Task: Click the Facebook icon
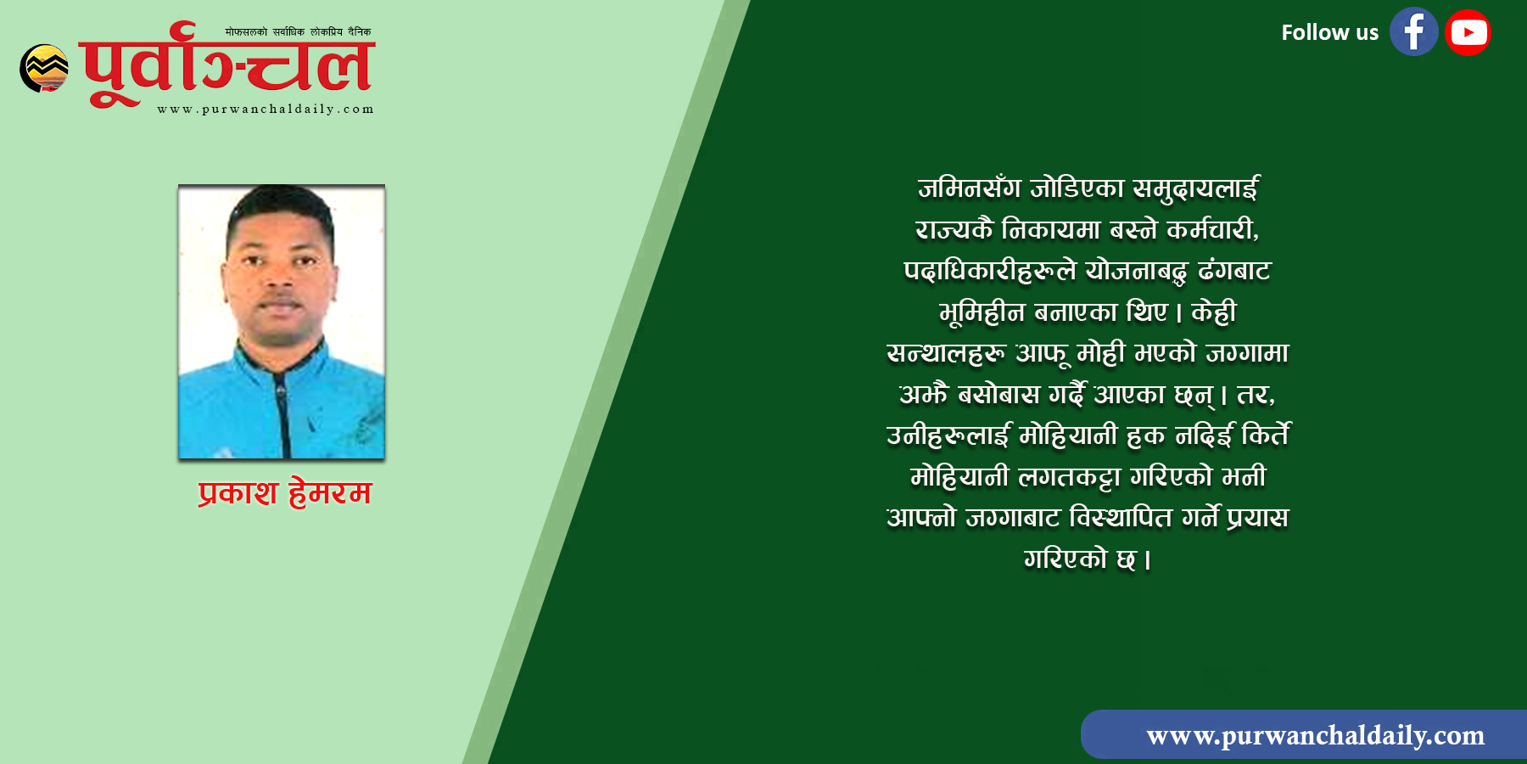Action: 1413,32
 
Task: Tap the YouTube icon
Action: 1468,32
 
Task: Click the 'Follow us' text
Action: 1329,32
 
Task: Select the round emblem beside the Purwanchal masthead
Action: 44,68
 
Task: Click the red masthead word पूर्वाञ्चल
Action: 227,65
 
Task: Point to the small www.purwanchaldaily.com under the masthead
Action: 266,109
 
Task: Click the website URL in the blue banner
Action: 1315,735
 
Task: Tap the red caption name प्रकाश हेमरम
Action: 285,492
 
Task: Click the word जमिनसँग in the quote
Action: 969,188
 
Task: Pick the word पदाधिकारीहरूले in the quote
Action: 990,270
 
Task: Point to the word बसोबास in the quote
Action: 998,394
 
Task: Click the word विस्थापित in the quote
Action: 1120,516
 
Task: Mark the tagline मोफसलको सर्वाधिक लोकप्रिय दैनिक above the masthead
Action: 298,32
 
